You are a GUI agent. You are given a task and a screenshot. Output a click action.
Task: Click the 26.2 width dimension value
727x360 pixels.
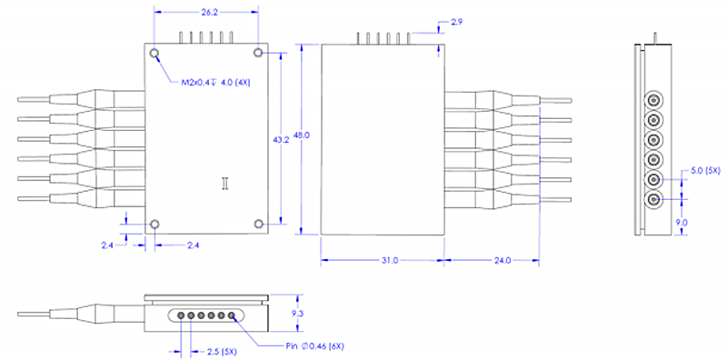tap(210, 13)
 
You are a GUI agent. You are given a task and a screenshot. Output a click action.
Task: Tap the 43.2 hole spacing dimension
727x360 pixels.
tap(280, 139)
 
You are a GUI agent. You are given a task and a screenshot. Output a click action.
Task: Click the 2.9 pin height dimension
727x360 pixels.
tap(456, 22)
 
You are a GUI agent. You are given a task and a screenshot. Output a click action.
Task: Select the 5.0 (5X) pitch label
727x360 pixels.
tap(705, 171)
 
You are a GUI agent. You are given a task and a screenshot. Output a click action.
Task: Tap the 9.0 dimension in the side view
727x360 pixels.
tap(682, 223)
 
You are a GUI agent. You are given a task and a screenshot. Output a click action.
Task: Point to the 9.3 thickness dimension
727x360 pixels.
tap(297, 314)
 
